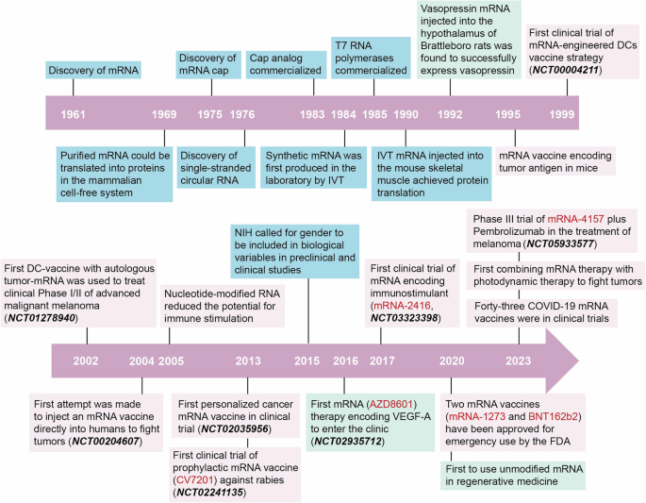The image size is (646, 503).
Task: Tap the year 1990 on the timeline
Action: [x=406, y=113]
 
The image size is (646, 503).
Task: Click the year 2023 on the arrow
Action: [x=518, y=360]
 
